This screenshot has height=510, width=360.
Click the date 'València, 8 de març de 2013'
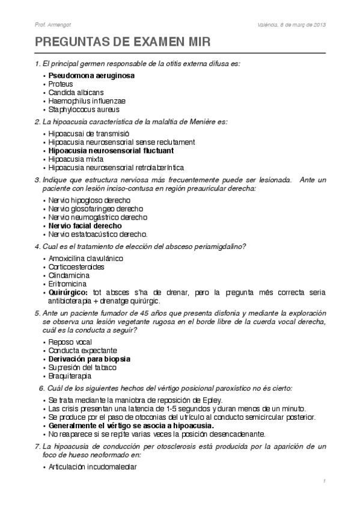point(290,25)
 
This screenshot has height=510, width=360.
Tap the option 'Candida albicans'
point(76,93)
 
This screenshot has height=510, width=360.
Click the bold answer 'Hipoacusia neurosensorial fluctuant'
point(111,150)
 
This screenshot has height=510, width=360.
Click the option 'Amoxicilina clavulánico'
point(86,258)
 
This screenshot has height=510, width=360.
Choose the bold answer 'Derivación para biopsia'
point(90,358)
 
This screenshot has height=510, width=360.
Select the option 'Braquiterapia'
point(70,375)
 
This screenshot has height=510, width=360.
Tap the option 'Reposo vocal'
point(70,342)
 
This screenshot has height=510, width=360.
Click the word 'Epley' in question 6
point(212,399)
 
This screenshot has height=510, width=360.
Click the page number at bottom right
point(324,481)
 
